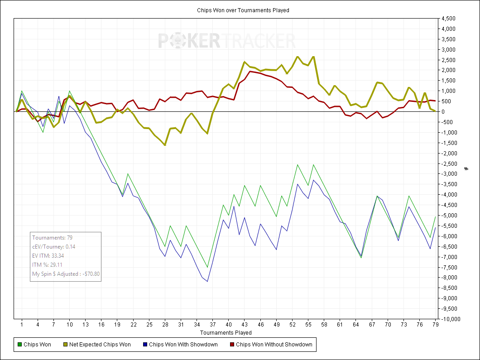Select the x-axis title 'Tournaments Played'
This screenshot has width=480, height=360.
point(226,333)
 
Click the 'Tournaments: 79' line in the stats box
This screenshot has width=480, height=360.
point(50,237)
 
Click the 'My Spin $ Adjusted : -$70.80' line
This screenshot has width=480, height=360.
point(66,274)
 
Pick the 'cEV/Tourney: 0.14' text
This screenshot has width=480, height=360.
point(53,246)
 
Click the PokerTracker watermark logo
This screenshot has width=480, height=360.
point(226,41)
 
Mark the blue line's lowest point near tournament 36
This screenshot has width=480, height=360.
point(207,282)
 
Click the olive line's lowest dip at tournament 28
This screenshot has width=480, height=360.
point(165,145)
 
